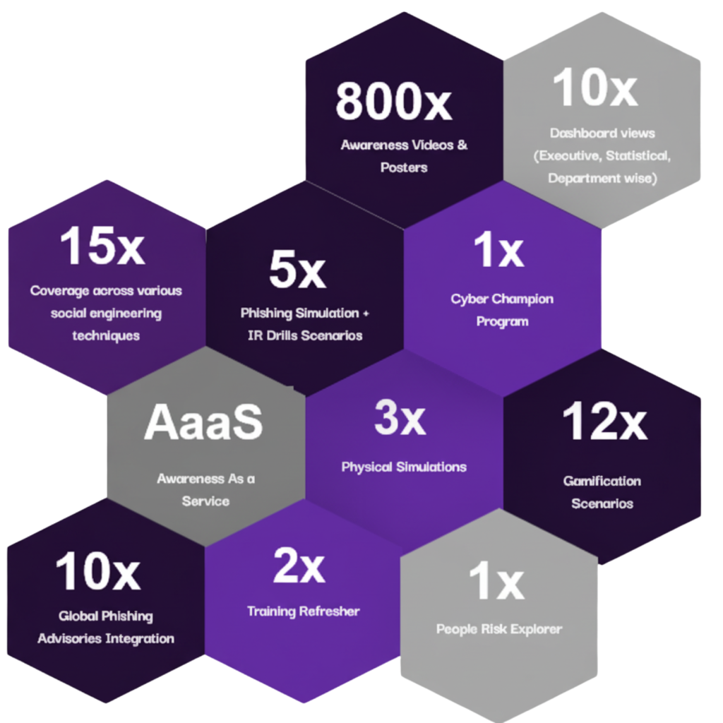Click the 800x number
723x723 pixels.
[393, 101]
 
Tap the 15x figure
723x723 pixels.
[102, 246]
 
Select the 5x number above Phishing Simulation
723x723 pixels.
[297, 270]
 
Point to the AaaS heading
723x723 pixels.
[203, 422]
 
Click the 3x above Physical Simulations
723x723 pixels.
[400, 418]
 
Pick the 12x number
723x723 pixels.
[604, 422]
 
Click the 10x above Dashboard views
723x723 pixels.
[595, 88]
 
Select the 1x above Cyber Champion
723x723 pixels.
[498, 251]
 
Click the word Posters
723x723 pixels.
[404, 168]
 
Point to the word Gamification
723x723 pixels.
[602, 481]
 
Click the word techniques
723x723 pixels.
[106, 335]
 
